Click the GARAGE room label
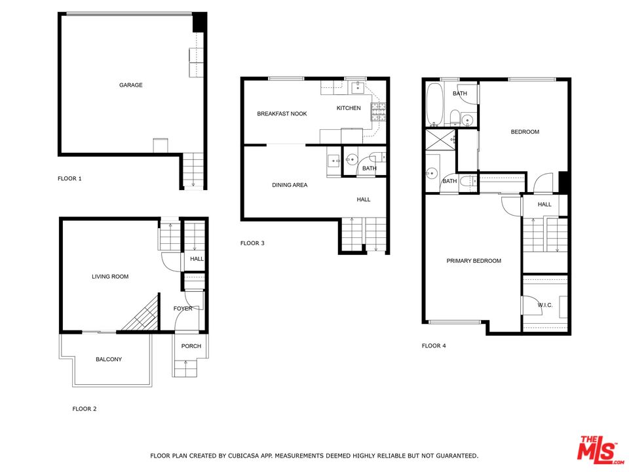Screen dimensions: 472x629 pos(130,85)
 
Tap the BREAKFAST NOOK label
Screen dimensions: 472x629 pos(282,114)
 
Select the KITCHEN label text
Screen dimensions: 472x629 pos(349,108)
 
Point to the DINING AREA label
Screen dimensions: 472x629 pos(290,186)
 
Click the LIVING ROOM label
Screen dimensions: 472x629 pos(110,277)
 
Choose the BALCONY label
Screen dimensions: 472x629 pos(109,359)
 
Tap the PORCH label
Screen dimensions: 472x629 pos(191,346)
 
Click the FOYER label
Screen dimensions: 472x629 pos(182,309)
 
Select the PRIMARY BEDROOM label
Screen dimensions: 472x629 pos(474,261)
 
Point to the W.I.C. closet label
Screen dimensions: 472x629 pos(546,305)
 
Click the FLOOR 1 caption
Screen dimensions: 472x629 pos(69,178)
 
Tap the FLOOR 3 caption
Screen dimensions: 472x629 pos(252,243)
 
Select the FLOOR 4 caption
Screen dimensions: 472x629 pos(434,345)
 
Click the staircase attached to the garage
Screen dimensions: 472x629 pos(193,170)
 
